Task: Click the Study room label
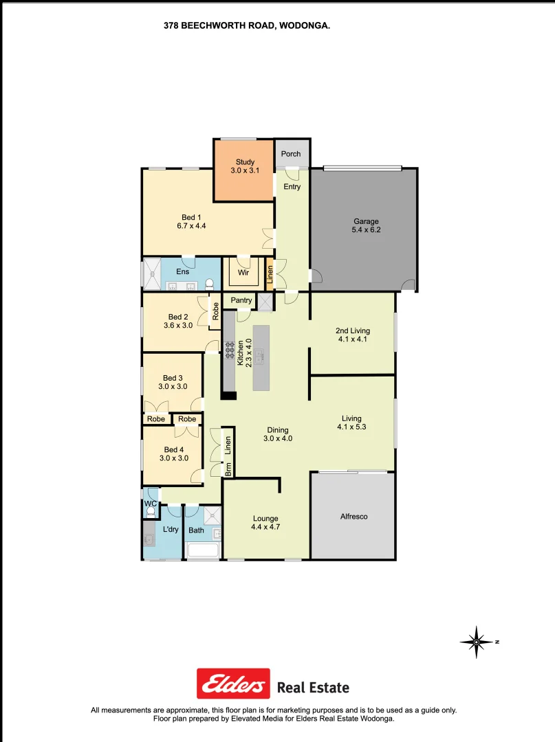pyautogui.click(x=245, y=162)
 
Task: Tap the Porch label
pyautogui.click(x=291, y=154)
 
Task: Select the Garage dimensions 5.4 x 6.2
pyautogui.click(x=366, y=230)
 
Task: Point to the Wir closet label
pyautogui.click(x=243, y=273)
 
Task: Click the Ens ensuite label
pyautogui.click(x=182, y=272)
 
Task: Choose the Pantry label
pyautogui.click(x=241, y=300)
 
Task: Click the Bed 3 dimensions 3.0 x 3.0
pyautogui.click(x=173, y=387)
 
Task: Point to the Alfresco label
pyautogui.click(x=354, y=516)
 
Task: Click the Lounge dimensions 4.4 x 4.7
pyautogui.click(x=265, y=528)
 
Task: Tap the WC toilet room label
pyautogui.click(x=150, y=504)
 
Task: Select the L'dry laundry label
pyautogui.click(x=171, y=529)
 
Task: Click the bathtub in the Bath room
pyautogui.click(x=203, y=550)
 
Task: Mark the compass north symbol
pyautogui.click(x=477, y=642)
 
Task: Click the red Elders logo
pyautogui.click(x=233, y=684)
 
